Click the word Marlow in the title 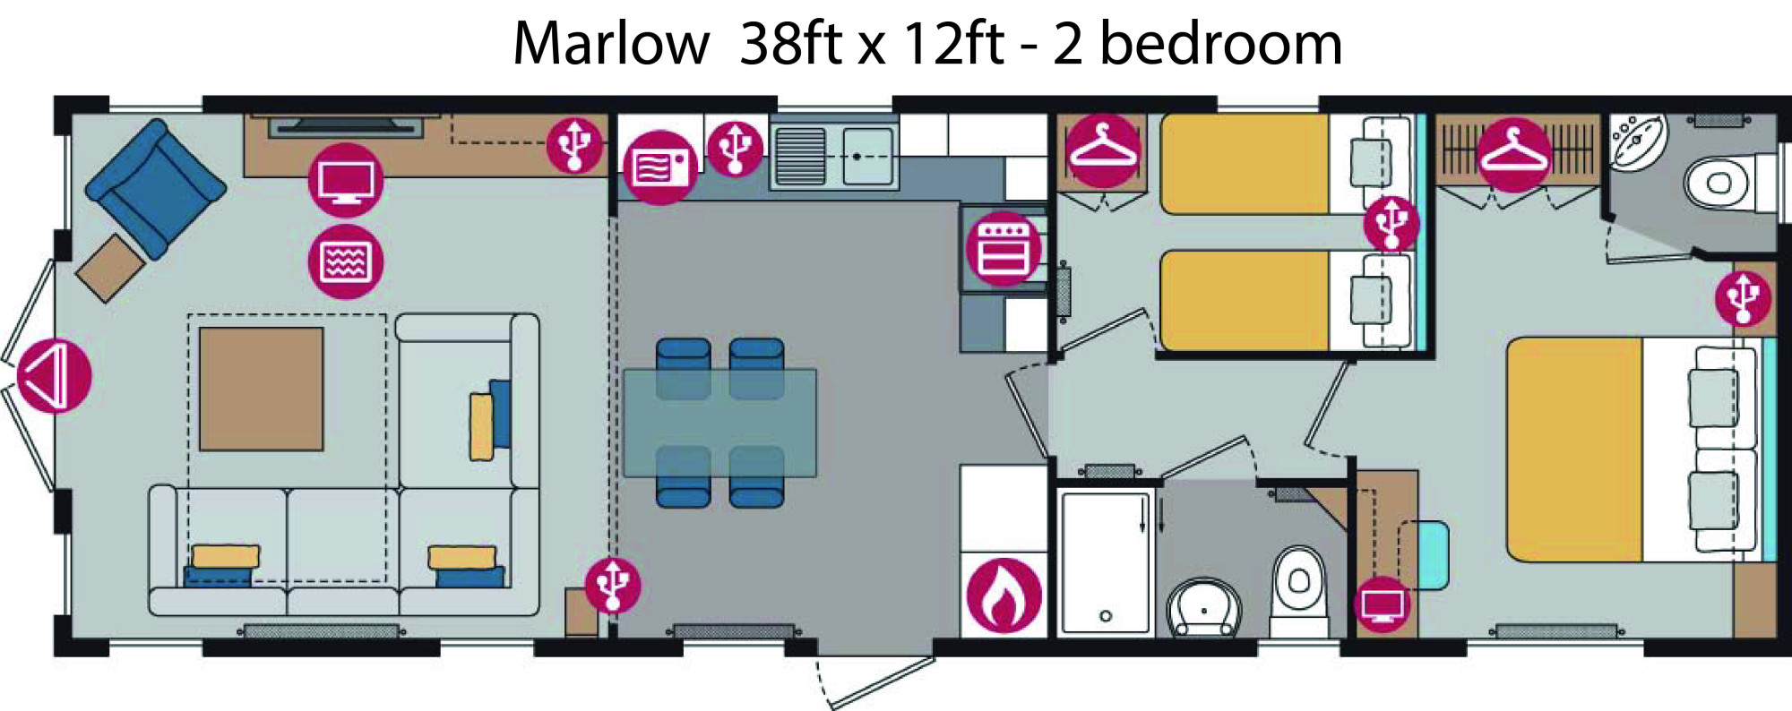pyautogui.click(x=611, y=43)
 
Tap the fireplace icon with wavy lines pyautogui.click(x=346, y=261)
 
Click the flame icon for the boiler pyautogui.click(x=1004, y=595)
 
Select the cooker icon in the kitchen pyautogui.click(x=1004, y=249)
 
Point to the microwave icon pyautogui.click(x=660, y=167)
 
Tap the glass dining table pyautogui.click(x=719, y=423)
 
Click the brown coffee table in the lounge pyautogui.click(x=261, y=389)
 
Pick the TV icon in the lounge pyautogui.click(x=346, y=180)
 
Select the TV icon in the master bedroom pyautogui.click(x=1383, y=604)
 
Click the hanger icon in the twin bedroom pyautogui.click(x=1103, y=150)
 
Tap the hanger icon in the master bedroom pyautogui.click(x=1514, y=155)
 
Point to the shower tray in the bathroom pyautogui.click(x=1106, y=562)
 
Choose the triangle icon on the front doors pyautogui.click(x=55, y=376)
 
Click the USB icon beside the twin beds pyautogui.click(x=1391, y=224)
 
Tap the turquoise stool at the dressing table pyautogui.click(x=1424, y=555)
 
